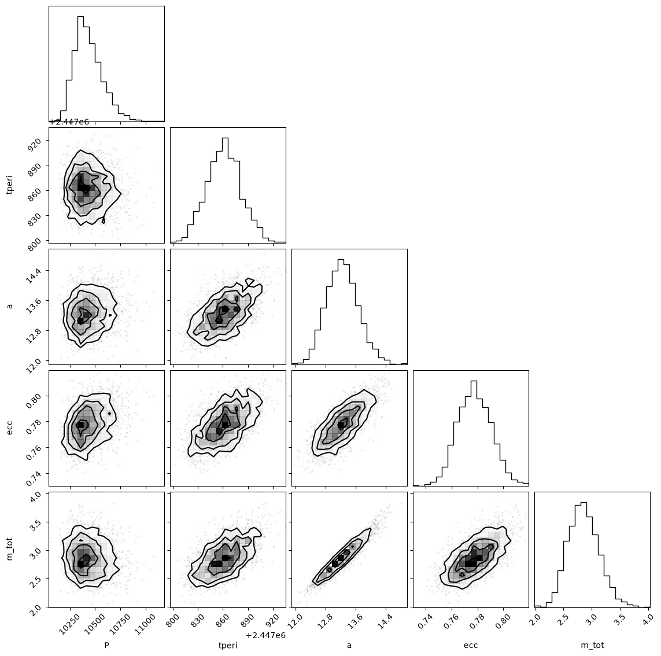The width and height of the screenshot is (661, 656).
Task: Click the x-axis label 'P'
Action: coord(106,645)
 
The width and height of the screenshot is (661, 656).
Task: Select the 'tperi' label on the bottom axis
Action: coord(228,646)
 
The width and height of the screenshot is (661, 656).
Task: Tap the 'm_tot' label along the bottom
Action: coord(592,645)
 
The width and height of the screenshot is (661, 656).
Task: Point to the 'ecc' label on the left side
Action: coord(9,427)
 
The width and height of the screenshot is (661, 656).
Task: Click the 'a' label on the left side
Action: coord(10,307)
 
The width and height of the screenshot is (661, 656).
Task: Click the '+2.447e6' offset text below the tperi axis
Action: coord(265,635)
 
